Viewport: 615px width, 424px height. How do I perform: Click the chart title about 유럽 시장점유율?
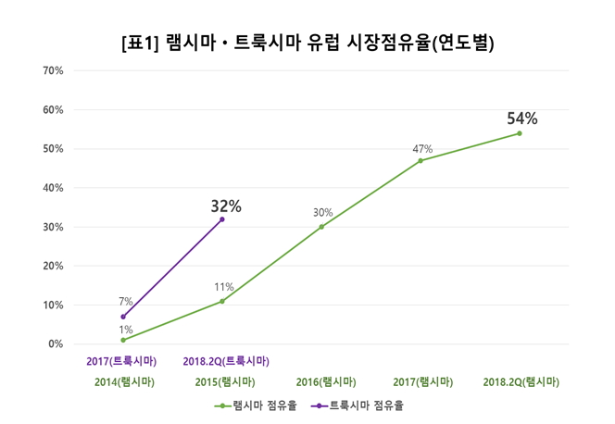click(x=307, y=43)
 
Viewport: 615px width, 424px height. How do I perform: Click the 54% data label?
click(x=521, y=118)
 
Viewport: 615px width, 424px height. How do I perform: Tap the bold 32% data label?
click(x=225, y=206)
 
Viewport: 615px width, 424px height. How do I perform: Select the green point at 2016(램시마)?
click(x=321, y=227)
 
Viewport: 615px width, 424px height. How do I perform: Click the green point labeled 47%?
click(x=420, y=160)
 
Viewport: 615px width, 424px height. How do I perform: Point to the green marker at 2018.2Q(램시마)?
click(x=520, y=133)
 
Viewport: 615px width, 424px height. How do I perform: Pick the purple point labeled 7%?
click(x=123, y=317)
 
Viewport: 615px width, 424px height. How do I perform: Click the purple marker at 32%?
click(x=222, y=219)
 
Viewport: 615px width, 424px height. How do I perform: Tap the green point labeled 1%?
click(x=123, y=340)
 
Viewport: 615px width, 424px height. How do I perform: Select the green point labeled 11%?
click(x=222, y=301)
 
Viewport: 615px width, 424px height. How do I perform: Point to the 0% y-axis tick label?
click(x=56, y=343)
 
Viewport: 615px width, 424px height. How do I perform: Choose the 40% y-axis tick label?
click(x=54, y=188)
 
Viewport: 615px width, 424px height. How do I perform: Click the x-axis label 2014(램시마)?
click(x=124, y=381)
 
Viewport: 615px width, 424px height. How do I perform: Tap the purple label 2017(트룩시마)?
click(x=124, y=361)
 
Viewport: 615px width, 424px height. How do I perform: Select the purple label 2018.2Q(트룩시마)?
click(x=225, y=361)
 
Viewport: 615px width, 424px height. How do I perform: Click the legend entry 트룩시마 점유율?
click(x=359, y=405)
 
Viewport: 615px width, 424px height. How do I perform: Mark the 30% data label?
click(x=321, y=212)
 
